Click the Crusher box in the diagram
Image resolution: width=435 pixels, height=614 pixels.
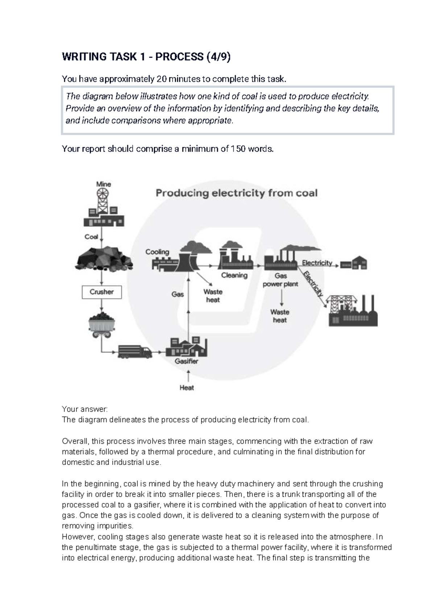pos(101,292)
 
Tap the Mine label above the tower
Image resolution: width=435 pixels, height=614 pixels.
pos(103,184)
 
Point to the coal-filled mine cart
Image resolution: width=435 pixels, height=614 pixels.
pos(102,324)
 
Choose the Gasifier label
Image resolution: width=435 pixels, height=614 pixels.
pos(186,361)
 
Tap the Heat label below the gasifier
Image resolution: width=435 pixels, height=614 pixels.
pos(187,388)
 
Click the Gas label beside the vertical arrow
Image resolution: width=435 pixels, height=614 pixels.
pos(178,294)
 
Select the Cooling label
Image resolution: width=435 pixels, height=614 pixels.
pos(157,252)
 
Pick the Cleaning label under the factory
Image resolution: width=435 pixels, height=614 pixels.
pos(234,275)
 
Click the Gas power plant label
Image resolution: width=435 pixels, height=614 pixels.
pos(281,280)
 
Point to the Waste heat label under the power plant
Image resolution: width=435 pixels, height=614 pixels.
pos(280,316)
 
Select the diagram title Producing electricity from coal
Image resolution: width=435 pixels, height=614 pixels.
pos(236,193)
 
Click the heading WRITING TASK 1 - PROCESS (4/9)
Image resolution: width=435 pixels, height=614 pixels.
pos(146,57)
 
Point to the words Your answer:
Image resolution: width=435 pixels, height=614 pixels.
pos(85,409)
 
